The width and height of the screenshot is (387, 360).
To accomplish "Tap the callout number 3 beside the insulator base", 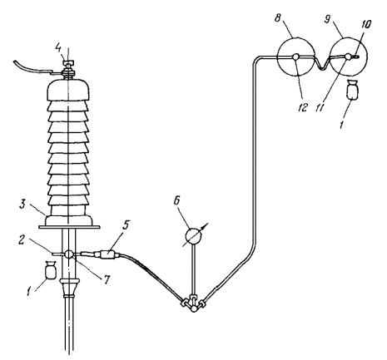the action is pyautogui.click(x=22, y=205).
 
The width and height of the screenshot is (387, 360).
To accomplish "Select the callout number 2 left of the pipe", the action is pyautogui.click(x=22, y=240).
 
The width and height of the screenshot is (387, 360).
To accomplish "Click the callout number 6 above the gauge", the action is pyautogui.click(x=176, y=201).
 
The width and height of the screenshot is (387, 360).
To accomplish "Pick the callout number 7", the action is pyautogui.click(x=107, y=280).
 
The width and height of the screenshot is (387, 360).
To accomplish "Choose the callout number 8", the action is pyautogui.click(x=278, y=18).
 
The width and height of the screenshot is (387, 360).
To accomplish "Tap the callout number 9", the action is pyautogui.click(x=327, y=19).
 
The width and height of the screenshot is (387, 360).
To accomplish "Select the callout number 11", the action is pyautogui.click(x=319, y=107).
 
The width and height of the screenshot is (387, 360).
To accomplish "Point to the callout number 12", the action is pyautogui.click(x=303, y=107).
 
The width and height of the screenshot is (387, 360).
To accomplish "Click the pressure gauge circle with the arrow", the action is pyautogui.click(x=194, y=236).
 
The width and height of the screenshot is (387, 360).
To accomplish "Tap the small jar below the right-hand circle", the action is pyautogui.click(x=352, y=89).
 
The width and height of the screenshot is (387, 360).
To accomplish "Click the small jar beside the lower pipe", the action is pyautogui.click(x=50, y=269).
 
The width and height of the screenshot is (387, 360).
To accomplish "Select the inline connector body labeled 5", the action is pyautogui.click(x=107, y=254).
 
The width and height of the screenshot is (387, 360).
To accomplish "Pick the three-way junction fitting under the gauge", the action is pyautogui.click(x=194, y=303).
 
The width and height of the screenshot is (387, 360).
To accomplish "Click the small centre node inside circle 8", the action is pyautogui.click(x=296, y=57).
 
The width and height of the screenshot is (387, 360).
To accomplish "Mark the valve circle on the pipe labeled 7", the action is pyautogui.click(x=68, y=254).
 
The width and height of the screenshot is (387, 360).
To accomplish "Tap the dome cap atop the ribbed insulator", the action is pyautogui.click(x=68, y=90).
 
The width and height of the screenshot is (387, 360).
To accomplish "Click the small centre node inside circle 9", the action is pyautogui.click(x=348, y=57).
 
